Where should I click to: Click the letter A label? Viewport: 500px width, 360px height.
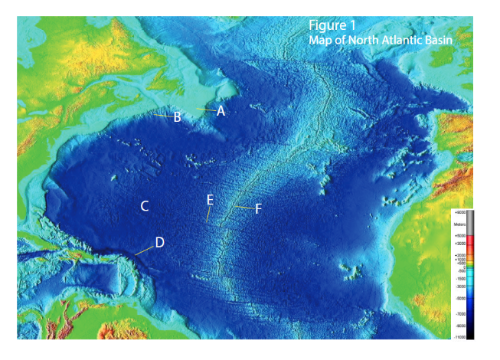coord(221,110)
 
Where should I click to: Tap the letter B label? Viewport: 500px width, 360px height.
coord(177,117)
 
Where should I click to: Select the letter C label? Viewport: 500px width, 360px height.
coord(144,206)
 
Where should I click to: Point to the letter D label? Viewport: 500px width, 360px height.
coord(159,242)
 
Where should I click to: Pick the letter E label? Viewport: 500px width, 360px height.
coord(209,200)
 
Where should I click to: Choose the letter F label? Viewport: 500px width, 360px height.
coord(258,208)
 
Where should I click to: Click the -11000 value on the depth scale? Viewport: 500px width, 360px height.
coord(459,337)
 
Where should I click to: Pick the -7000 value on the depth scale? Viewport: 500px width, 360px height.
coord(460,314)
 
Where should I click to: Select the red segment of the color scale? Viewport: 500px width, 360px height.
coord(471,244)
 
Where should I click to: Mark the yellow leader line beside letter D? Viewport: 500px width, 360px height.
coord(143,250)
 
